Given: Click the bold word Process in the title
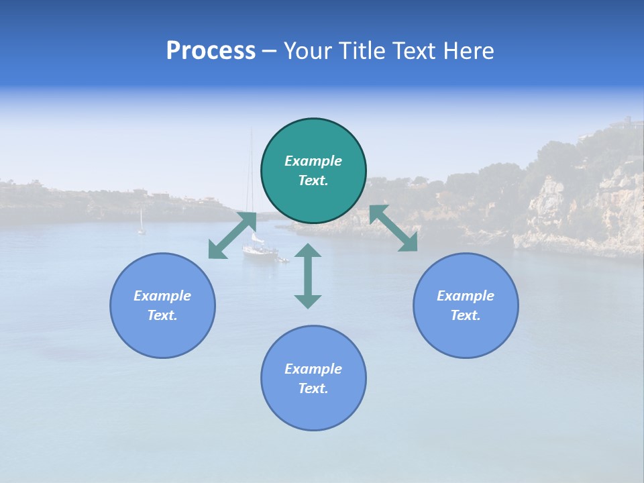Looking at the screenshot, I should click(x=211, y=51).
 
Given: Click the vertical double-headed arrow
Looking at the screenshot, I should click(x=308, y=276).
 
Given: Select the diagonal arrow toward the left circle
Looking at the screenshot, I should click(x=232, y=235).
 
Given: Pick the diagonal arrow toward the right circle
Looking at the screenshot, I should click(x=393, y=228).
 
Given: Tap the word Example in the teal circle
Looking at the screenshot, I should click(x=313, y=161).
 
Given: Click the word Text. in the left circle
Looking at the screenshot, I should click(x=162, y=315).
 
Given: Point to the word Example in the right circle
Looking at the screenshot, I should click(x=466, y=296).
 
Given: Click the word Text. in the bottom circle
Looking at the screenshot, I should click(x=313, y=388).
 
